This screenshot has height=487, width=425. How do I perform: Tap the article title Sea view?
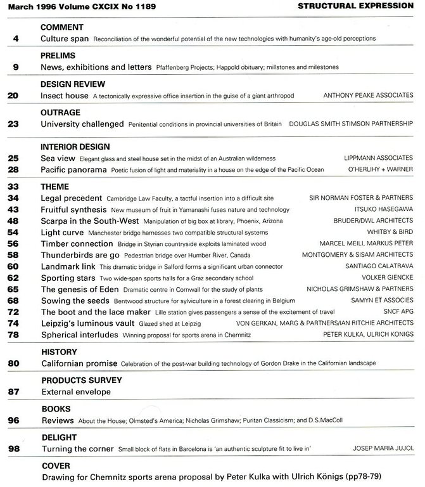(58, 157)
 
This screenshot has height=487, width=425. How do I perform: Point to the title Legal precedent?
(71, 198)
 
